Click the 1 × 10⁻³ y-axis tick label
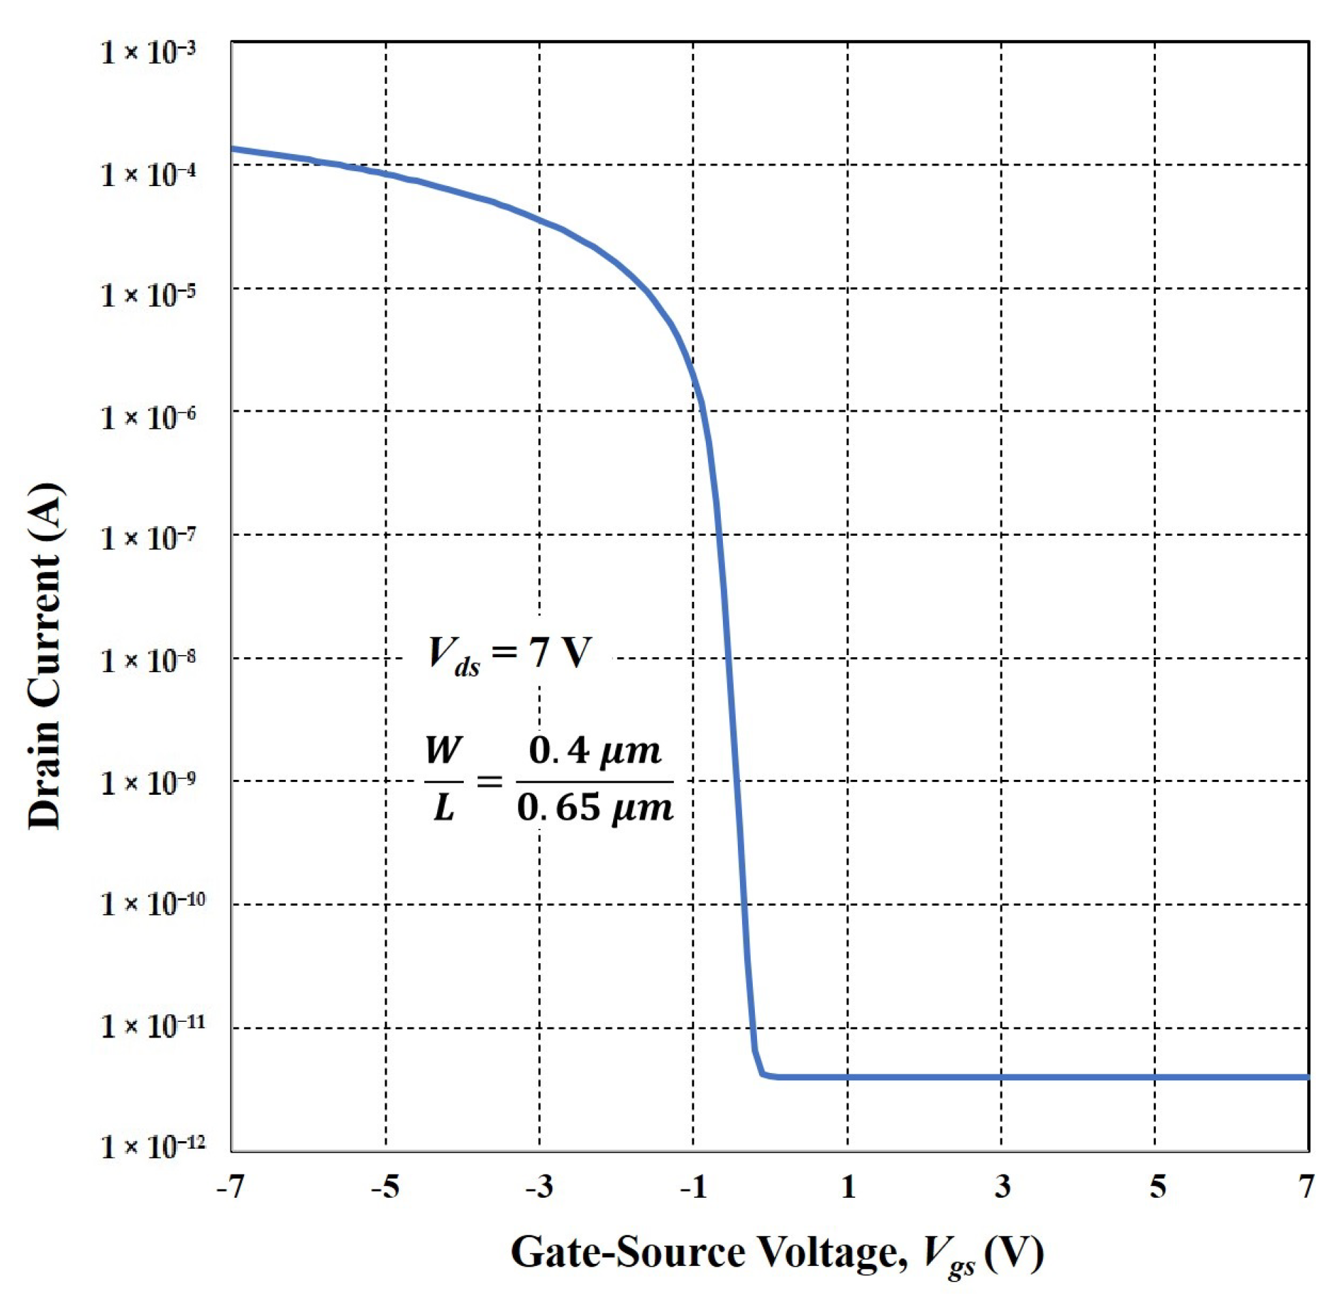pos(149,52)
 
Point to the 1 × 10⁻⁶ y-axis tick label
pos(149,417)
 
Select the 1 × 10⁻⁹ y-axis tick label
pos(149,782)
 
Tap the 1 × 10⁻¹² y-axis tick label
pos(152,1146)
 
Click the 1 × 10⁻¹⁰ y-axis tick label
pos(152,904)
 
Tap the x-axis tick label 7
pos(1307,1187)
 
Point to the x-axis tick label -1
pos(692,1187)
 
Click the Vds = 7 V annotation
pos(509,655)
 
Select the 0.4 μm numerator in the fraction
pos(595,751)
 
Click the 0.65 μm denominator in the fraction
pos(595,808)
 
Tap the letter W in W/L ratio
pos(443,750)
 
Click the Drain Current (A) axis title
pos(45,656)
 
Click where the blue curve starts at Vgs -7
pos(233,148)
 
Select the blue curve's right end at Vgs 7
pos(1307,1077)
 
